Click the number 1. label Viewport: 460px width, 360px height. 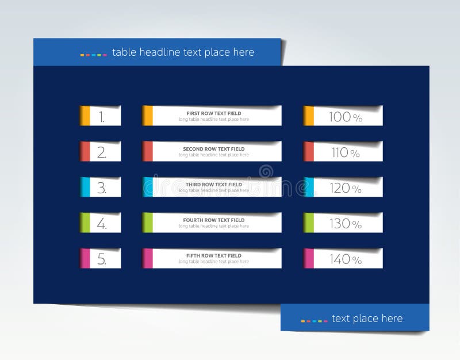102,117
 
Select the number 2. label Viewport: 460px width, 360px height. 102,153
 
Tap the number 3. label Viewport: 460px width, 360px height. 102,189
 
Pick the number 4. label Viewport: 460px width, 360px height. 102,224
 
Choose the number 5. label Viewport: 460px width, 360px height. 102,260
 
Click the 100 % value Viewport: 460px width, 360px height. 345,117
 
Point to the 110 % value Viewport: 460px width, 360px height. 345,153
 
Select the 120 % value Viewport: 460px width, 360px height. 345,189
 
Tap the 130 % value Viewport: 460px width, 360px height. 345,224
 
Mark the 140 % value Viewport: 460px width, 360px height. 345,260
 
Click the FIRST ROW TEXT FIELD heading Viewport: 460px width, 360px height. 214,113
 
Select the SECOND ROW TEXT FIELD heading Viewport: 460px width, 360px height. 214,149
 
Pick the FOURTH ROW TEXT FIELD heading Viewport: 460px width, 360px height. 214,220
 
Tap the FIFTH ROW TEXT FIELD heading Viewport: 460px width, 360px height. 214,256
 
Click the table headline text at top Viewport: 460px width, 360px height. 183,52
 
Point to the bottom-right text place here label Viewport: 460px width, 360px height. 367,319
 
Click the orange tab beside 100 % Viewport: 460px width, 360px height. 309,116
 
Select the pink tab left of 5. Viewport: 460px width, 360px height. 85,259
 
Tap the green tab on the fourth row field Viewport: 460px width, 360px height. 148,223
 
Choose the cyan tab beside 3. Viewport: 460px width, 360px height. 85,187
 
